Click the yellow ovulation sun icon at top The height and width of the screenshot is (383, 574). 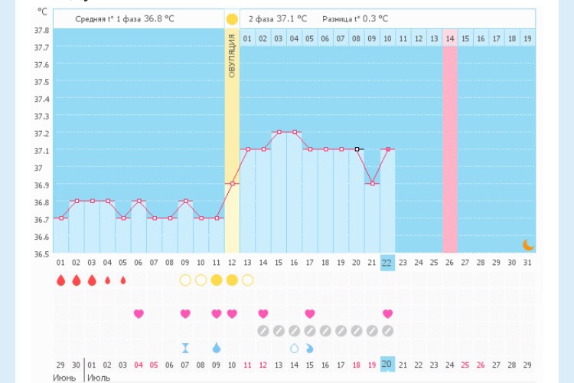[x=232, y=18]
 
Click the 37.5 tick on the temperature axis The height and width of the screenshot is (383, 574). [x=41, y=82]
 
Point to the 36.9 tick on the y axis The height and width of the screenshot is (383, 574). [x=41, y=185]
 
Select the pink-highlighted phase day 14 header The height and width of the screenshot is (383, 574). [x=450, y=38]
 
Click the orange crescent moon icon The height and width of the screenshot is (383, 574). [x=528, y=244]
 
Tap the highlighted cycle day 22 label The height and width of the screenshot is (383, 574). [x=387, y=263]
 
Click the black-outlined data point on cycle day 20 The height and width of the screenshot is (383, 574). [x=357, y=149]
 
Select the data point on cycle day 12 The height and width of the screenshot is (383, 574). [x=232, y=184]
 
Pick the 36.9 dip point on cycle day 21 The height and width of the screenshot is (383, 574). [x=372, y=184]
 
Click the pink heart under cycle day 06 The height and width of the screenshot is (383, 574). [x=139, y=313]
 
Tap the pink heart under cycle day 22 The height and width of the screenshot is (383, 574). [x=387, y=313]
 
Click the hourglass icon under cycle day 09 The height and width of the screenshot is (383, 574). [x=185, y=348]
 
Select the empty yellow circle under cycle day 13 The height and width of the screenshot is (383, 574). [x=247, y=280]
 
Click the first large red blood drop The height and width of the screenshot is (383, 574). [x=60, y=280]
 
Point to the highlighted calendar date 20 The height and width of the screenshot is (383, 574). [x=387, y=365]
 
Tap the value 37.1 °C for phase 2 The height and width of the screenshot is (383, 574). [x=292, y=18]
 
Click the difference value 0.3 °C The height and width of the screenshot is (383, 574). [x=373, y=18]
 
